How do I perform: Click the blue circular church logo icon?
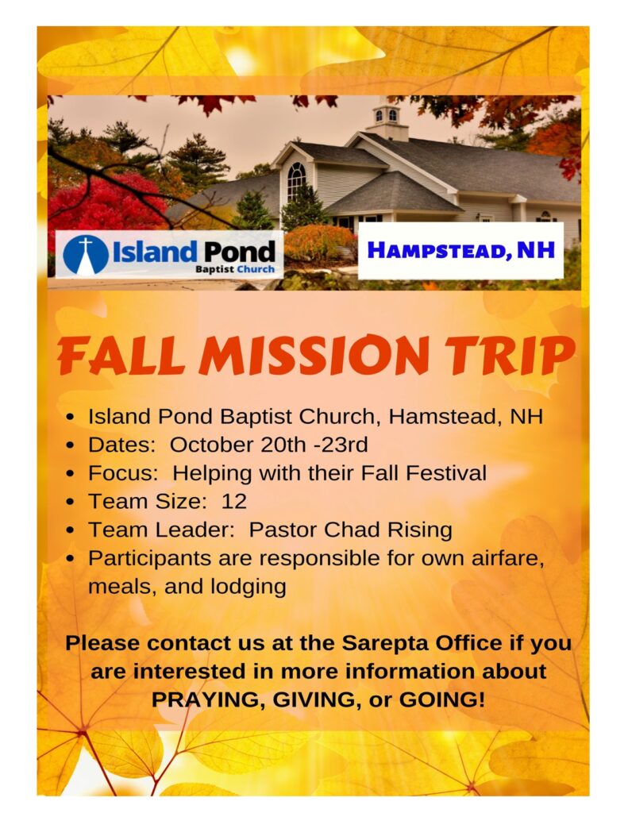click(x=86, y=255)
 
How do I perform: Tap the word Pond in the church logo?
click(x=239, y=252)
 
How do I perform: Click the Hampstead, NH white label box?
click(x=460, y=251)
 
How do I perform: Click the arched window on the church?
click(x=296, y=182)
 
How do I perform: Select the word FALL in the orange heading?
click(x=121, y=356)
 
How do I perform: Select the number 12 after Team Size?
click(x=234, y=502)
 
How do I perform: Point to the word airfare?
click(x=507, y=558)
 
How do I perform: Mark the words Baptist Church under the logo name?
click(x=235, y=269)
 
